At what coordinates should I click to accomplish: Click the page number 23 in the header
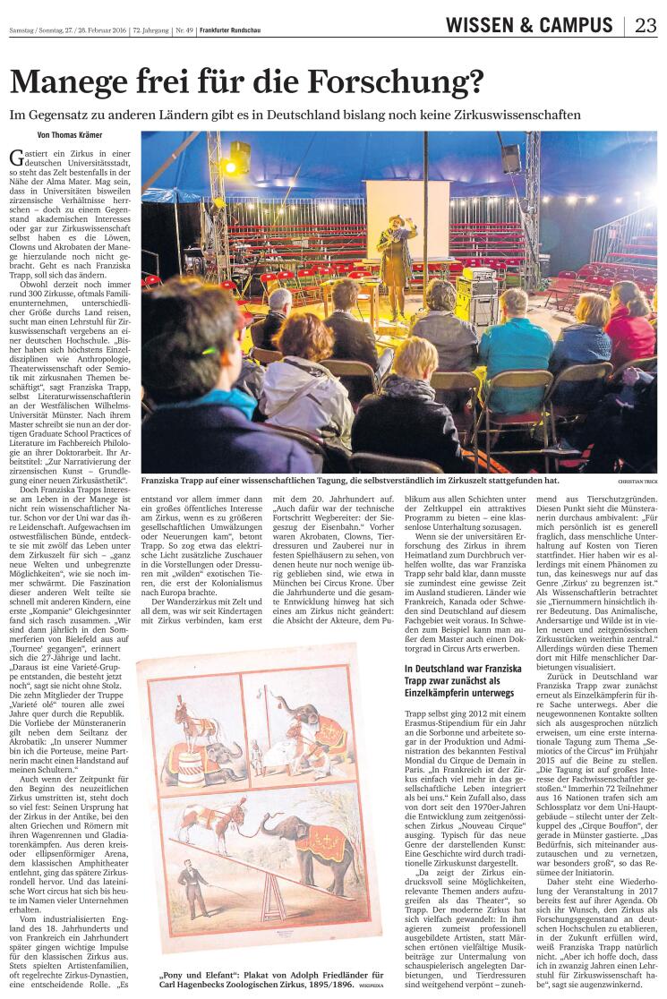(x=646, y=25)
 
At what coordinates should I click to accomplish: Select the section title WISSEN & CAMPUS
(x=529, y=25)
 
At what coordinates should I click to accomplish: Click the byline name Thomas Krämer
(x=86, y=135)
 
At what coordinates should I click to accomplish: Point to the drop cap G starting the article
(x=15, y=158)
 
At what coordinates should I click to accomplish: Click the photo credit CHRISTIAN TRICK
(x=637, y=481)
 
